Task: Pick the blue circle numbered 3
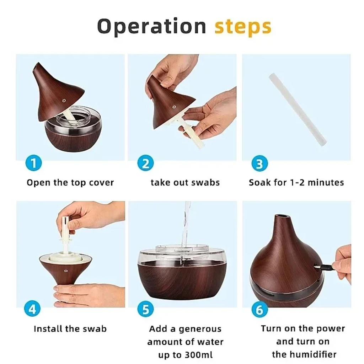coord(259,164)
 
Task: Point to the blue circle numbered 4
coord(32,309)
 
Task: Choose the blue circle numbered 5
coord(145,309)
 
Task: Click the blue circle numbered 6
coord(259,309)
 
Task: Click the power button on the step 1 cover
coord(64,101)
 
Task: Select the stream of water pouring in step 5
coord(185,224)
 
